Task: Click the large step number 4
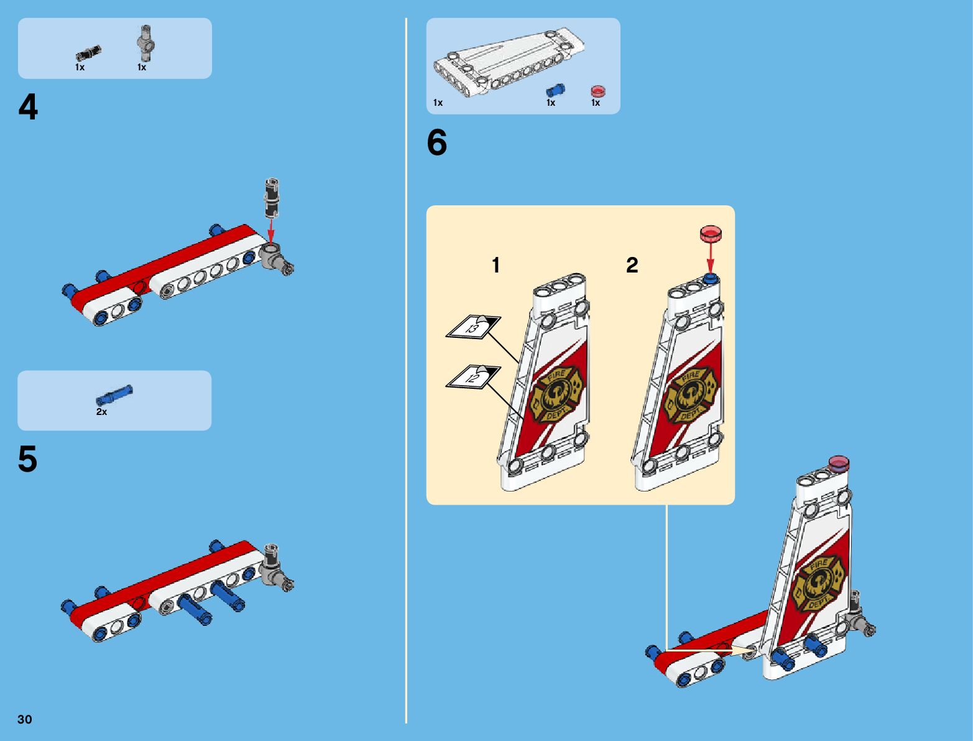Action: [x=28, y=107]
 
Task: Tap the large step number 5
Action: [x=27, y=460]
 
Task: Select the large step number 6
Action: [x=437, y=142]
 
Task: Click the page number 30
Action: [x=25, y=719]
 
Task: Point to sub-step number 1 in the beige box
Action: [x=496, y=266]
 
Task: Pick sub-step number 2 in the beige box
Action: [x=632, y=266]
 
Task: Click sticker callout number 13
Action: [x=473, y=327]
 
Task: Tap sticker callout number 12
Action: [x=473, y=377]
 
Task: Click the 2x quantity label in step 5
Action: [x=101, y=412]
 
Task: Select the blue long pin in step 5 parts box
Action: [x=114, y=395]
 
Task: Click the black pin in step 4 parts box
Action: [x=89, y=54]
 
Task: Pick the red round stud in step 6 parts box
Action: [x=597, y=91]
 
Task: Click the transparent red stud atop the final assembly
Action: [x=839, y=463]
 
